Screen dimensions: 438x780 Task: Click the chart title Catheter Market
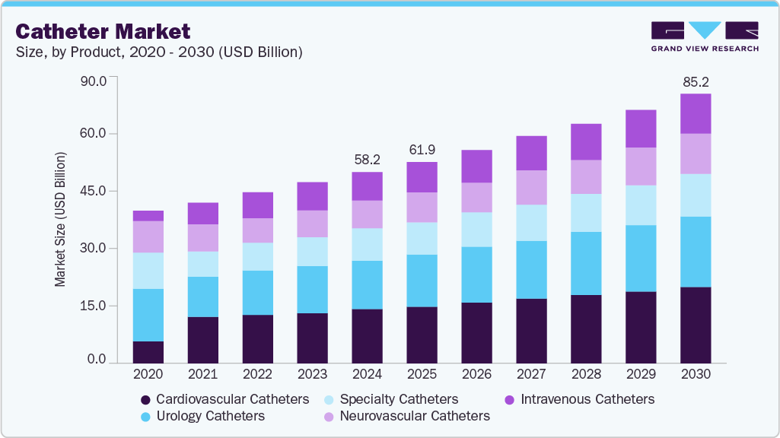[103, 31]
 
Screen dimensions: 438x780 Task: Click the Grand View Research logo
[705, 36]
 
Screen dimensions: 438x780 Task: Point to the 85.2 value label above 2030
[696, 81]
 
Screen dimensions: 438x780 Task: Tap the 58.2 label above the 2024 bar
[367, 160]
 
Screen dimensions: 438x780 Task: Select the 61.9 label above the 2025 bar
[422, 150]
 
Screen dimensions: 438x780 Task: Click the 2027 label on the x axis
[531, 374]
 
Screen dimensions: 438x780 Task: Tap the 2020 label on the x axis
[148, 374]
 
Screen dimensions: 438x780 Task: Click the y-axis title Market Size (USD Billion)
[60, 220]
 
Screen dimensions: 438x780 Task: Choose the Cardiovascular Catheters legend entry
[225, 399]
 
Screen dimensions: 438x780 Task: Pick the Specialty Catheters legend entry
[391, 399]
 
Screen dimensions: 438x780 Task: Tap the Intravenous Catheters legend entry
[580, 399]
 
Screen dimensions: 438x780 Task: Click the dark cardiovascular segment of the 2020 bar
[148, 352]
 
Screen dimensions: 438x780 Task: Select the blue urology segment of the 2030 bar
[696, 252]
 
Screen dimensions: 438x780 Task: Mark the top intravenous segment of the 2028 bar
[586, 142]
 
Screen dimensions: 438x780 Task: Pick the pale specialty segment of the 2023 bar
[312, 252]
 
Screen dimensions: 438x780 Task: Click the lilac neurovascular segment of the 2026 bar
[476, 198]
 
